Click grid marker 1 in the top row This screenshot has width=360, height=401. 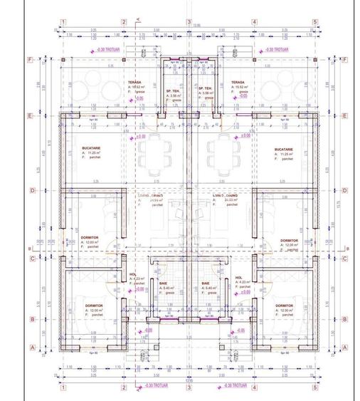point(63,22)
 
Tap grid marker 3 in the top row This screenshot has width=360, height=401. point(189,22)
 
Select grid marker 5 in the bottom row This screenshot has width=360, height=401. point(315,387)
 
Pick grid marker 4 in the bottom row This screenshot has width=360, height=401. point(254,387)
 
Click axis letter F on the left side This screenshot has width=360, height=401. point(30,60)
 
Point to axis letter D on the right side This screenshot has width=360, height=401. point(345,190)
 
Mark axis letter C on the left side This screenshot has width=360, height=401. point(30,258)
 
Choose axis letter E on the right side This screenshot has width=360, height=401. point(345,115)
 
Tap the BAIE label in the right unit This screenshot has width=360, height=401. point(206,283)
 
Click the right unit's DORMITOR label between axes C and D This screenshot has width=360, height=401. point(291,240)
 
